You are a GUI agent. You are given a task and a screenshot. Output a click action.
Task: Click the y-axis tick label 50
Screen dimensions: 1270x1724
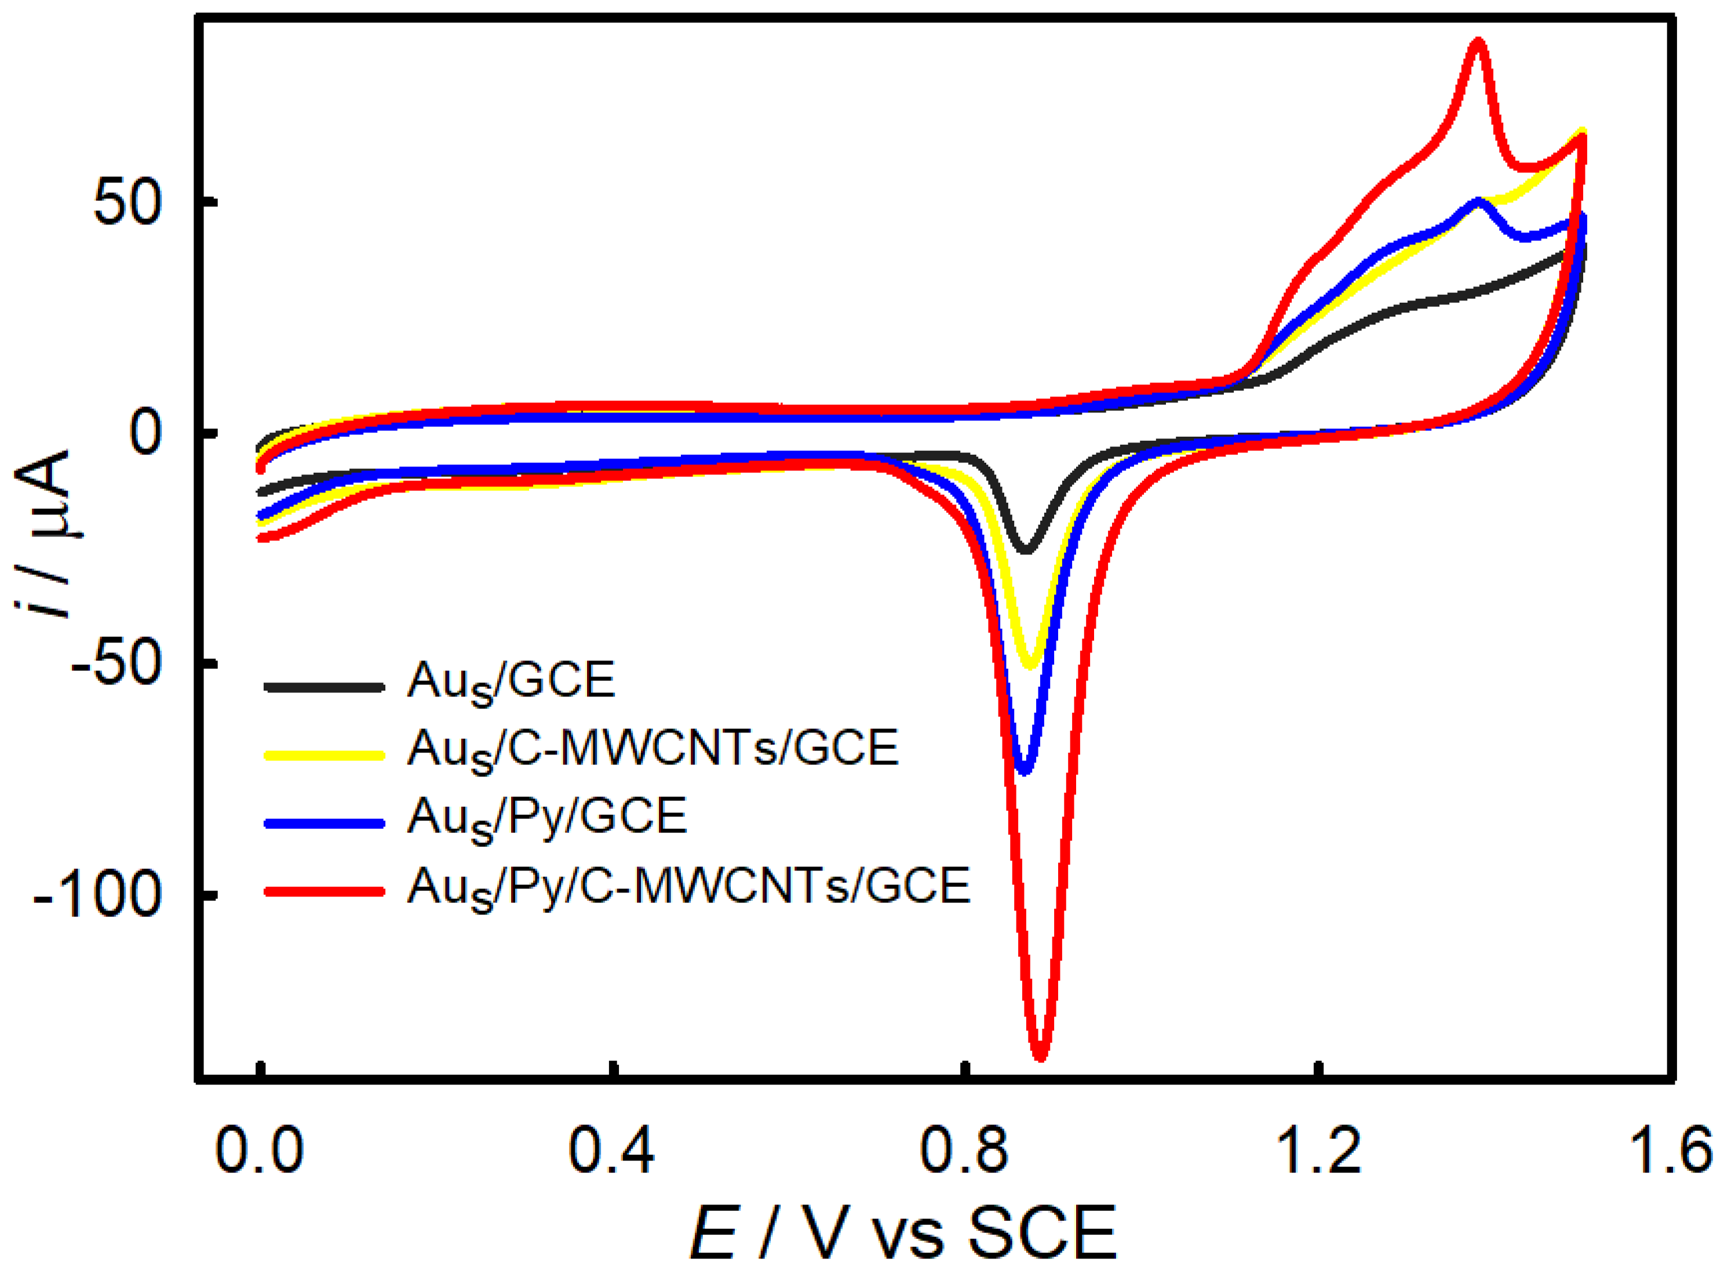[127, 204]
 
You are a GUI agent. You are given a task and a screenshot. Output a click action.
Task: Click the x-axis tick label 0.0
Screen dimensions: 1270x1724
[260, 1151]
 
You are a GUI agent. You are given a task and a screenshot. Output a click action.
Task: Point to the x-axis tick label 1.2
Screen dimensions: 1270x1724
[1318, 1151]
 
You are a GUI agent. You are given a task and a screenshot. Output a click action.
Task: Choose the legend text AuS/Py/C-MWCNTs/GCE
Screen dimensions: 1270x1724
[688, 888]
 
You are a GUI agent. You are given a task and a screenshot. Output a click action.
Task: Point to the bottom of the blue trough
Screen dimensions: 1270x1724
[1024, 770]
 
